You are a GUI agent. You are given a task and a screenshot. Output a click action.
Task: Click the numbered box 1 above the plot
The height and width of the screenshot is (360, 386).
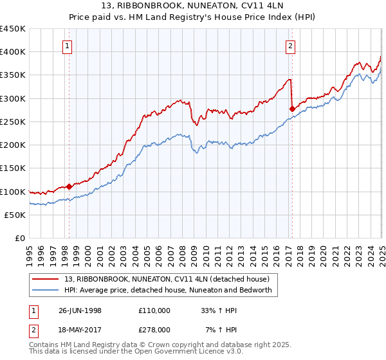click(68, 46)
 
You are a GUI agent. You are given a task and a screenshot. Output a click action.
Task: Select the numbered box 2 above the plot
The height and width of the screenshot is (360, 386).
click(291, 46)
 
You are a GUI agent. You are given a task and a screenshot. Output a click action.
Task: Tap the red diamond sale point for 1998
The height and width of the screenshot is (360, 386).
click(69, 187)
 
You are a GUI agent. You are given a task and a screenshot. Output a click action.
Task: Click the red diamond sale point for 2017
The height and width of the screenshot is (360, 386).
click(292, 108)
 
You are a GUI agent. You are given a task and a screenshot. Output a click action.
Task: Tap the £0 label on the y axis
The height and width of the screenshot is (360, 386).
click(20, 238)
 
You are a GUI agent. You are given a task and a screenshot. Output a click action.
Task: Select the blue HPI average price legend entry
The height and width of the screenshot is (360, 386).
click(168, 291)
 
